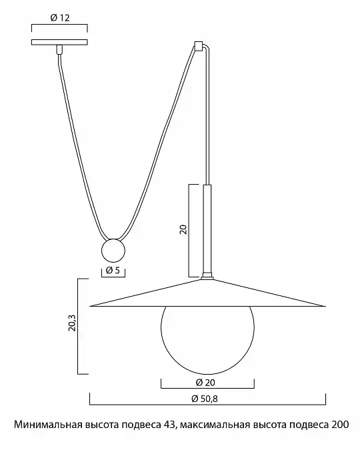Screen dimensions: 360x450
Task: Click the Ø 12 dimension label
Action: tap(60, 18)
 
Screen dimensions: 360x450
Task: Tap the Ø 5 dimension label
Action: tap(113, 270)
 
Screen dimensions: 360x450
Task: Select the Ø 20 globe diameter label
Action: tap(205, 382)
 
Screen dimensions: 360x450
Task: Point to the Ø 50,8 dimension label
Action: tap(205, 399)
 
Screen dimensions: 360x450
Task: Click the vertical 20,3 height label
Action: tap(72, 323)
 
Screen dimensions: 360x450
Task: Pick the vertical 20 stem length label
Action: tap(183, 229)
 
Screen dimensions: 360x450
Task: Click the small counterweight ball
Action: tap(113, 251)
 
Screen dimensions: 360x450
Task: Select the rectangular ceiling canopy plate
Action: tap(59, 42)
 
